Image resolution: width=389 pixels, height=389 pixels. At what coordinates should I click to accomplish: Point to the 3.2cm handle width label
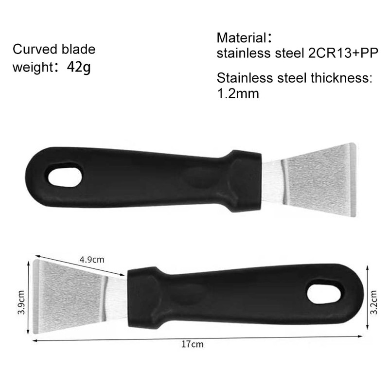pyautogui.click(x=374, y=301)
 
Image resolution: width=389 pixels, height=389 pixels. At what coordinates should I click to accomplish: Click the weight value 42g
pyautogui.click(x=79, y=67)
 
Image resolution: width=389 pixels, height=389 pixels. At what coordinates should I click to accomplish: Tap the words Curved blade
pyautogui.click(x=54, y=49)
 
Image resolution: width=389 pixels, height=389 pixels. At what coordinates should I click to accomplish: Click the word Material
pyautogui.click(x=242, y=37)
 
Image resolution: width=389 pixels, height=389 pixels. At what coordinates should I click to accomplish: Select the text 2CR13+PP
pyautogui.click(x=343, y=53)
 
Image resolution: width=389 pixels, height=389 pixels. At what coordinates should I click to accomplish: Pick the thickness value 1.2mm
pyautogui.click(x=238, y=93)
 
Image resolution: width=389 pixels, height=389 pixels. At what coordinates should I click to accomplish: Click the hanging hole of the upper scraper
pyautogui.click(x=65, y=176)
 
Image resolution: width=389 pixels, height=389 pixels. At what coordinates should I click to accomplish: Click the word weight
pyautogui.click(x=32, y=67)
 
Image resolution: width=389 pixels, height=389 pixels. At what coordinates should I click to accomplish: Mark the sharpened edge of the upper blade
pyautogui.click(x=353, y=179)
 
